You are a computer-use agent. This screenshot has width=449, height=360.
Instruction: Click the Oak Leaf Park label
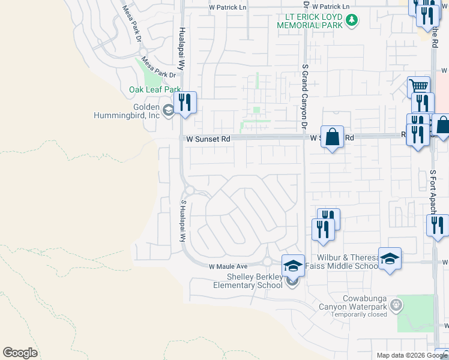[x=155, y=89]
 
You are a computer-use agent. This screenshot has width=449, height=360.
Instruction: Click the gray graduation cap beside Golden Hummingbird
[x=169, y=109]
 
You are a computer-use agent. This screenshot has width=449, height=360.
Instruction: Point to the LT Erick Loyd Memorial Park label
[x=309, y=20]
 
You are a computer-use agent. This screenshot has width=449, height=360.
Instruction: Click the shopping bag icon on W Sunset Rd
[x=332, y=137]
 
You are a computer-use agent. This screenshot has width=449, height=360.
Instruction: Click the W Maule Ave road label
[x=228, y=266]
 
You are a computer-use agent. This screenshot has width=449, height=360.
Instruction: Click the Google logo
[x=20, y=353]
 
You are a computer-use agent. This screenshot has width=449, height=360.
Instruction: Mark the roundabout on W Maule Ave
[x=267, y=262]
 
